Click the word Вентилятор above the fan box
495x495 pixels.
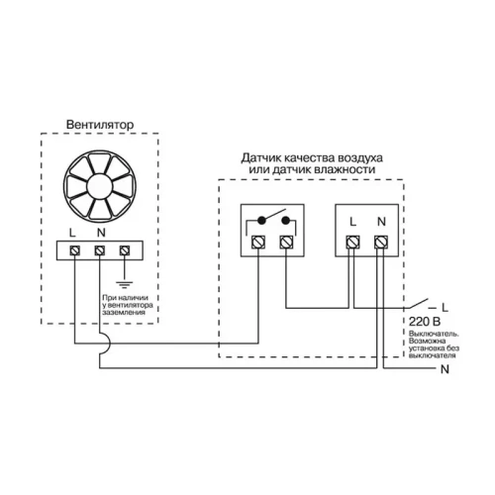(x=100, y=125)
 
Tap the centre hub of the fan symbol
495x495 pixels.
(x=99, y=187)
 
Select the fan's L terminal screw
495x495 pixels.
(x=75, y=250)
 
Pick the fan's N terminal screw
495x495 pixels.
(x=100, y=250)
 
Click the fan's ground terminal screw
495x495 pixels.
(x=125, y=250)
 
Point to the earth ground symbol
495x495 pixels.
(x=125, y=285)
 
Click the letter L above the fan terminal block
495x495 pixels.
(x=72, y=233)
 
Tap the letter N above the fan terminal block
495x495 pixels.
(x=101, y=233)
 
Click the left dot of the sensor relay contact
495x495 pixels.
(x=261, y=220)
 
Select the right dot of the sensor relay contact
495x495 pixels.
(x=286, y=220)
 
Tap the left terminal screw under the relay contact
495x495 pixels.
(x=258, y=243)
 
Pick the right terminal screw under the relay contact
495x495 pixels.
(x=286, y=243)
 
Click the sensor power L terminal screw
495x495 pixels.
(x=352, y=243)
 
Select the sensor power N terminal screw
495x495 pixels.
(x=381, y=243)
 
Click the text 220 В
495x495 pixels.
(x=425, y=322)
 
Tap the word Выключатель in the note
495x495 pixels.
(x=434, y=334)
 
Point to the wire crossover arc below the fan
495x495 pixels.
(x=104, y=344)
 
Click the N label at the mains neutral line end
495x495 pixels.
(x=445, y=369)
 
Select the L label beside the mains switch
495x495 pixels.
(x=445, y=308)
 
